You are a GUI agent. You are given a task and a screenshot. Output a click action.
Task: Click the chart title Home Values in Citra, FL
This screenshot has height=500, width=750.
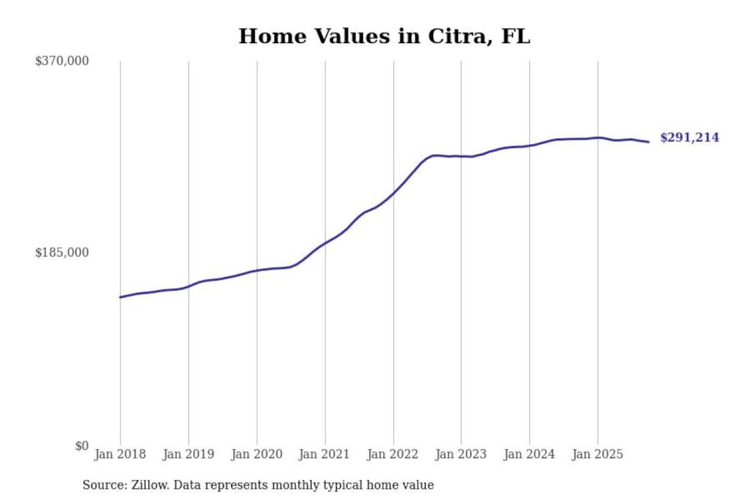[384, 36]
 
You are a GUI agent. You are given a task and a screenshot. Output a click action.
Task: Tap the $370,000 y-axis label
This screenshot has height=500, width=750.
[62, 61]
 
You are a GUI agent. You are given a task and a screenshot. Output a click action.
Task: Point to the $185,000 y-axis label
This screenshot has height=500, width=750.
[62, 253]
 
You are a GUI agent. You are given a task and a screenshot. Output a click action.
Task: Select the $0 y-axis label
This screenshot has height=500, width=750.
[82, 446]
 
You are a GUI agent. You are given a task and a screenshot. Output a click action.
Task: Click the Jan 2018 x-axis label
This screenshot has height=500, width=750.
[120, 454]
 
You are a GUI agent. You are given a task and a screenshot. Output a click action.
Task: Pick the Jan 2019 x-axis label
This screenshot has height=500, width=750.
[189, 454]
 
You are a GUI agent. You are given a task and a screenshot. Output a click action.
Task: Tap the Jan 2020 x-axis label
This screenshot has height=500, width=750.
[257, 454]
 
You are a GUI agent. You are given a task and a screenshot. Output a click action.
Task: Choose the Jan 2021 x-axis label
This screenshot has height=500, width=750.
[324, 454]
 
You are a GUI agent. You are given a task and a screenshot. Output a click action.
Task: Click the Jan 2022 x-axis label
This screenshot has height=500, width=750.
[393, 454]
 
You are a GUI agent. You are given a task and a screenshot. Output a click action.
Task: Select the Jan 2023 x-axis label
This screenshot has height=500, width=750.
[461, 454]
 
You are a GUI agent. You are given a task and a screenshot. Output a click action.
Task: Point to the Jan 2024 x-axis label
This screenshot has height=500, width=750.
[529, 454]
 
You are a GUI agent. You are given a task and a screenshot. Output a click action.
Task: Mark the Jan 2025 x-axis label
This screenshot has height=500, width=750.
[597, 454]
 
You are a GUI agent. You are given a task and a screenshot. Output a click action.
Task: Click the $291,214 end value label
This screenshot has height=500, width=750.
[690, 137]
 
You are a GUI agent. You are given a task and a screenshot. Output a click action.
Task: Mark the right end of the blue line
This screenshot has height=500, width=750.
[648, 142]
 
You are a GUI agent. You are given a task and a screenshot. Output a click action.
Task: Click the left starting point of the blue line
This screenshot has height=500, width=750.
[120, 297]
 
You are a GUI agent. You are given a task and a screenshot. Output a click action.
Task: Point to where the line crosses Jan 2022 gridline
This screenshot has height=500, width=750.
[394, 193]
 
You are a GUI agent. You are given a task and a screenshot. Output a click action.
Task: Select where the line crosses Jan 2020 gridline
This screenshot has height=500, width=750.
[257, 270]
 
